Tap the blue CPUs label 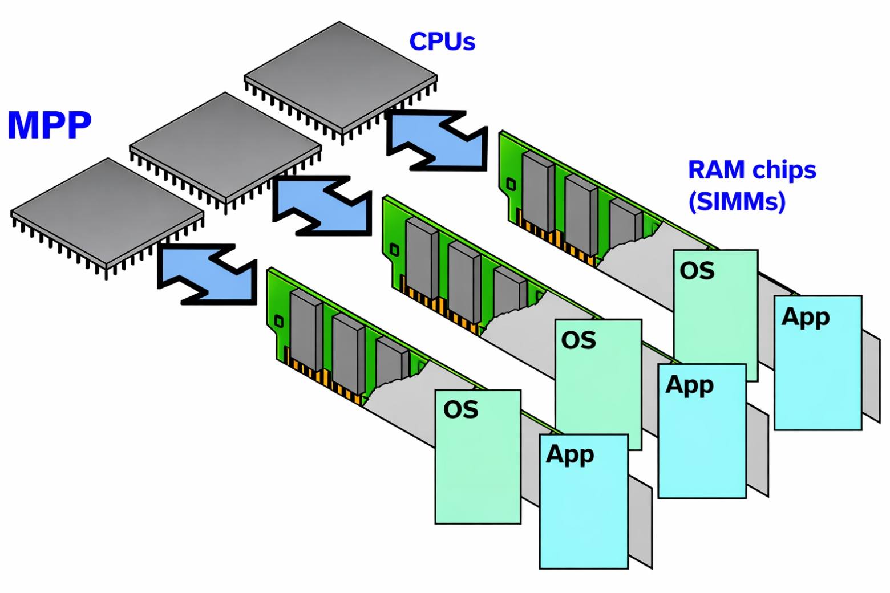coord(442,41)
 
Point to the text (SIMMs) coord(737,201)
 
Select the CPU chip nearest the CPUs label coord(341,77)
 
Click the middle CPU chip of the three coord(225,145)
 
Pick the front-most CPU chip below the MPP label coord(107,212)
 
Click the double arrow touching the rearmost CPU coord(437,140)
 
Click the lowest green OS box coord(478,456)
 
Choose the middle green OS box coord(598,376)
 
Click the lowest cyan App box coord(584,502)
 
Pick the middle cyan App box coord(702,430)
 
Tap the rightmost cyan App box coord(818,363)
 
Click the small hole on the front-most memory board coord(278,322)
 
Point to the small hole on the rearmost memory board coord(511,184)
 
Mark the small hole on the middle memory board coord(394,250)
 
